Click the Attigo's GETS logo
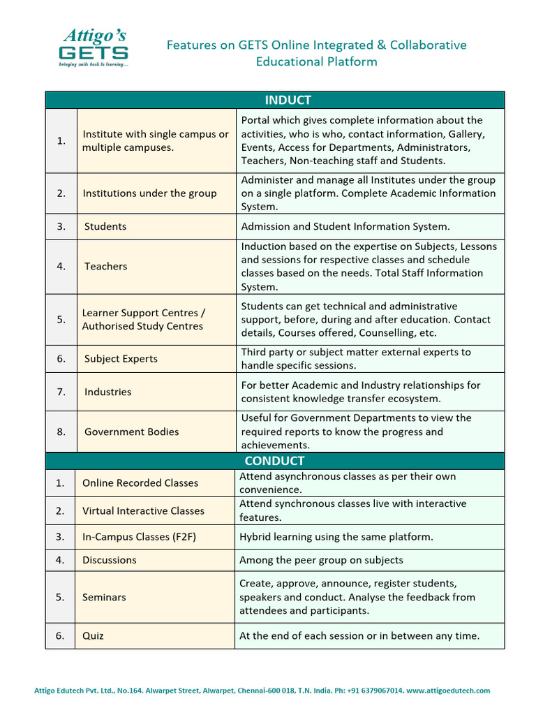(93, 47)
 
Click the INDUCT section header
(287, 100)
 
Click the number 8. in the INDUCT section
(61, 432)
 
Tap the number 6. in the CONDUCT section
(60, 635)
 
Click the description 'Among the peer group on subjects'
(321, 559)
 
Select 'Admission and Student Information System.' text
(345, 226)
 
